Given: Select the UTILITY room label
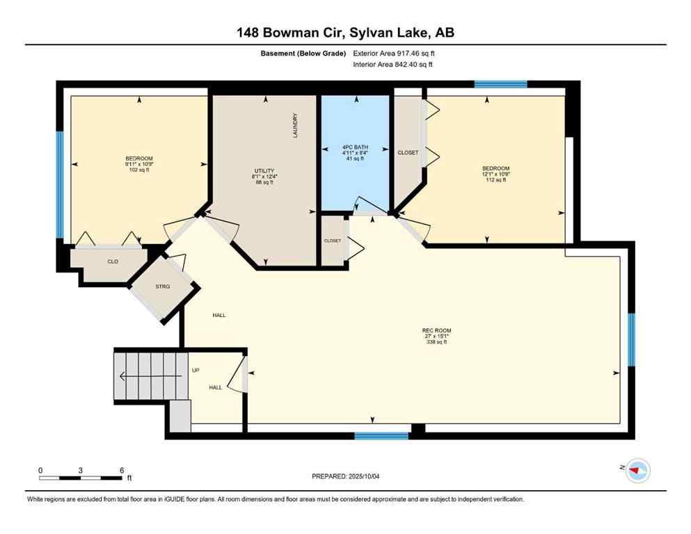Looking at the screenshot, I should (264, 170).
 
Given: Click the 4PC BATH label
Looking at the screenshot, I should (355, 147).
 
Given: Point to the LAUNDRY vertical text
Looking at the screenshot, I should (295, 126).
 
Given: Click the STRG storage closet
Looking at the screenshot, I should (162, 286).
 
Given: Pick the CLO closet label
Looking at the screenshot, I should (111, 262).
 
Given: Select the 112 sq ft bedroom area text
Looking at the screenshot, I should (496, 179).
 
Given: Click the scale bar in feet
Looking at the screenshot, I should (81, 478).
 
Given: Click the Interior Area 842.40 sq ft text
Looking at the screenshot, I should (393, 65).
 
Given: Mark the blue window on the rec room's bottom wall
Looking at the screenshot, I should (381, 436).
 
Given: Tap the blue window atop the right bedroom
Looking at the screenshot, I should (500, 84).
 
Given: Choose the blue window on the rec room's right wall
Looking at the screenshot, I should (631, 339).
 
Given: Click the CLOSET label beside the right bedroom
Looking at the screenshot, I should (407, 152).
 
